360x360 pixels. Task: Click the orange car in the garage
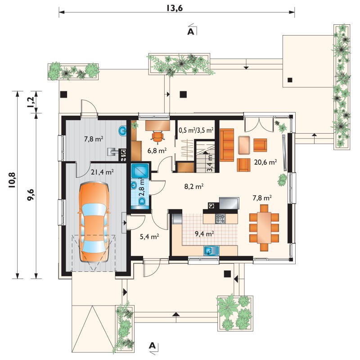tap(94, 222)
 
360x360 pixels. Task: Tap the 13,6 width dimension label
tap(175, 8)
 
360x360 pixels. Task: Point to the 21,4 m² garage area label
tap(103, 172)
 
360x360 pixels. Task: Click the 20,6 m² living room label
tap(265, 162)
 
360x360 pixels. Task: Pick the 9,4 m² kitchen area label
tap(204, 234)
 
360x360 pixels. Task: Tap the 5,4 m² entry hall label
tap(149, 236)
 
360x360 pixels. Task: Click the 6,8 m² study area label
tap(157, 151)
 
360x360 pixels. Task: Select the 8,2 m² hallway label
tap(194, 186)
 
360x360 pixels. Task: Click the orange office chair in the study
tap(158, 137)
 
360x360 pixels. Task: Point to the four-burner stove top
tap(220, 218)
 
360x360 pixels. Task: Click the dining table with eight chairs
tap(264, 228)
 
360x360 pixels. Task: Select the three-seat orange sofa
tap(227, 145)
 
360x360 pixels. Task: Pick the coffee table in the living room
tap(244, 145)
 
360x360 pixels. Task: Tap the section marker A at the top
tap(191, 31)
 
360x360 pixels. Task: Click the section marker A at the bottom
tap(152, 346)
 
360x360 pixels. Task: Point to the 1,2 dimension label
tap(31, 102)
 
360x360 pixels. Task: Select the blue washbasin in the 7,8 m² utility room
tap(122, 131)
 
